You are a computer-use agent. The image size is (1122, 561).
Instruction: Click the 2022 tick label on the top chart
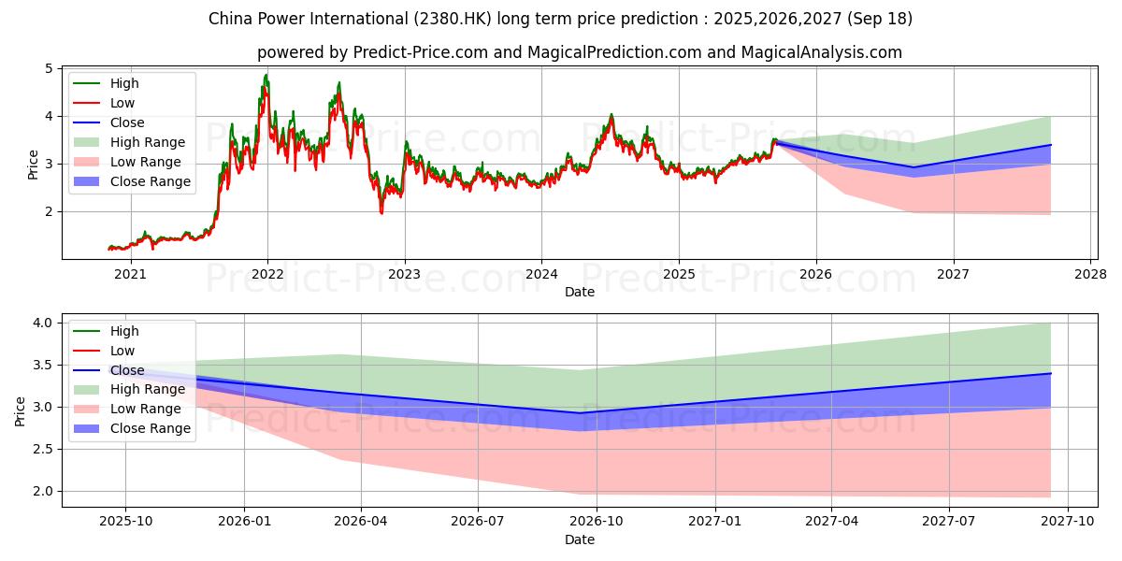[267, 274]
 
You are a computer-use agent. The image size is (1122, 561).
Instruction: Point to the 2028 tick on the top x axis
[1090, 274]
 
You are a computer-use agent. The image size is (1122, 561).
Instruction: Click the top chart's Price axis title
[34, 164]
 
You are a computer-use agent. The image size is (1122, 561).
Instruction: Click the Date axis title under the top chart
[580, 292]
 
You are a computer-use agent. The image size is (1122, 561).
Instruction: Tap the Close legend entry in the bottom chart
[127, 370]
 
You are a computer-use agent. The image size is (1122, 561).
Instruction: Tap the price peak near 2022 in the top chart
[266, 75]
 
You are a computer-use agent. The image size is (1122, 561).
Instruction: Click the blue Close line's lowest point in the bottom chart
[580, 413]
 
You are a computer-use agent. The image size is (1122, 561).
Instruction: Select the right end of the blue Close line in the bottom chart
[1050, 373]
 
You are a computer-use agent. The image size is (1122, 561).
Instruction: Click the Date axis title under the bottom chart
[580, 539]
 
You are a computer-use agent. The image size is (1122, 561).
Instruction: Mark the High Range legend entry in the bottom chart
[150, 389]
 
